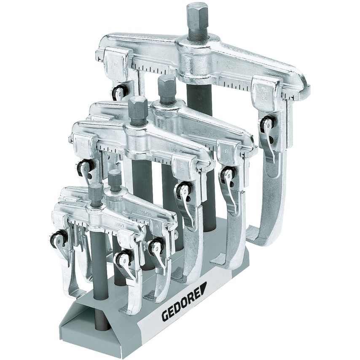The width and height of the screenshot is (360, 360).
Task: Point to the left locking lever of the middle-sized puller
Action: tap(84, 167)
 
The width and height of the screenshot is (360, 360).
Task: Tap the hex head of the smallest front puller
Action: tap(96, 193)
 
